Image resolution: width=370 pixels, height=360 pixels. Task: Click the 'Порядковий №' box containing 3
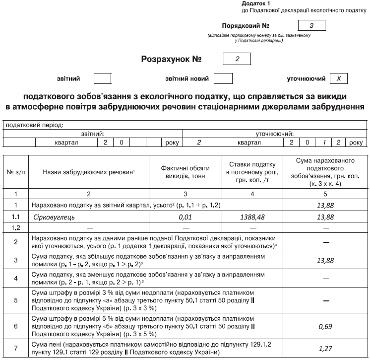click(x=311, y=25)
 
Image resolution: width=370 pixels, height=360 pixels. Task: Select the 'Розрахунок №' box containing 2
click(x=238, y=59)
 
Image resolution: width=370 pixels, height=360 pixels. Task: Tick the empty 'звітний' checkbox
click(x=103, y=78)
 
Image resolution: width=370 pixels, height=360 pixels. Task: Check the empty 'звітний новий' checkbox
click(x=224, y=78)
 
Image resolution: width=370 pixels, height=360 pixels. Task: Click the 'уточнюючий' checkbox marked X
click(x=338, y=78)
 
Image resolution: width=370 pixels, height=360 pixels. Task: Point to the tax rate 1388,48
click(x=252, y=217)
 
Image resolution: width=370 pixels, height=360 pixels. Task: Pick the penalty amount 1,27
click(x=325, y=348)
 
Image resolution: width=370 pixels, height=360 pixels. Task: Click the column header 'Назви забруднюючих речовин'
click(x=89, y=172)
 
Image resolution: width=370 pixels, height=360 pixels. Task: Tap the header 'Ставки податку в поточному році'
click(x=252, y=172)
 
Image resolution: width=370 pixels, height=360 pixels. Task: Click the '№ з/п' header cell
click(x=16, y=172)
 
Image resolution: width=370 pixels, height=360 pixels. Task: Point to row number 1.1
click(x=16, y=217)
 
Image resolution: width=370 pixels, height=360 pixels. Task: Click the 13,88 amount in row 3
click(x=325, y=260)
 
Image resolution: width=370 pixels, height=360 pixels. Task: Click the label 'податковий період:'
click(x=35, y=125)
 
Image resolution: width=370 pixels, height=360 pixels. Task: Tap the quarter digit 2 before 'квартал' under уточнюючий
click(x=198, y=143)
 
